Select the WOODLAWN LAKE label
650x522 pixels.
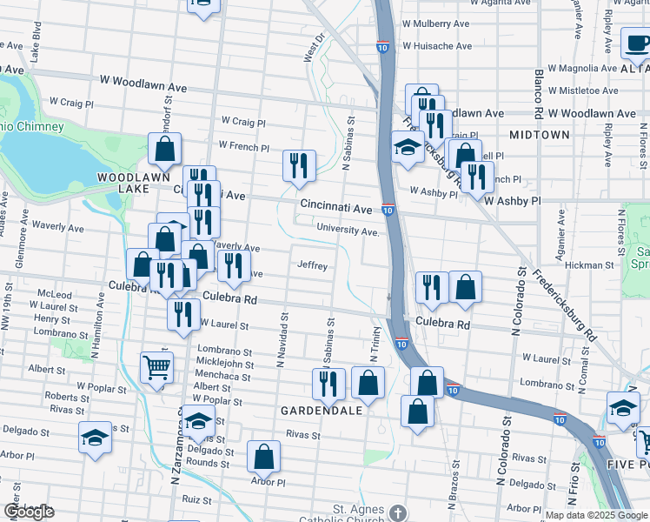coord(122,183)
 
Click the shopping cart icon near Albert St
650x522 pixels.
coord(156,368)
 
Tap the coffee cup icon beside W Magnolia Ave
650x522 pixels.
coord(636,43)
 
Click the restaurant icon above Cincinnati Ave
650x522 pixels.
coord(300,165)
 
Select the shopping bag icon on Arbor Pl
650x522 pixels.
coord(264,456)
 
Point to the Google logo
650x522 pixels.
coord(29,512)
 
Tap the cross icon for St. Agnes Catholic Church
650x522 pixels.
coord(398,512)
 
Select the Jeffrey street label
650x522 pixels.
coord(313,265)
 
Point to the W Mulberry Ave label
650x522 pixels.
coord(435,24)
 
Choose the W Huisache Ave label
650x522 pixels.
coord(436,46)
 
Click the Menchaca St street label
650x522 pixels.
coord(223,377)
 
